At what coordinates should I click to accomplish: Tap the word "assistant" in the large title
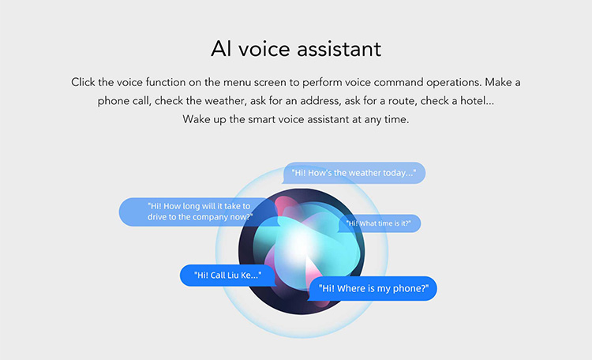click(x=339, y=49)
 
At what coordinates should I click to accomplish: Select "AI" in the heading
click(x=221, y=49)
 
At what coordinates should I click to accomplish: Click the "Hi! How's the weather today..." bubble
click(x=354, y=173)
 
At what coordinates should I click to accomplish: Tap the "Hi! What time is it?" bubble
click(x=379, y=223)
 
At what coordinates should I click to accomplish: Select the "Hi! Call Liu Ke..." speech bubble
click(x=227, y=275)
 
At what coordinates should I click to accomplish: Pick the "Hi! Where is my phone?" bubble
click(x=373, y=289)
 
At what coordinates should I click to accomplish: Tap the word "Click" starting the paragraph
click(x=83, y=82)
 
